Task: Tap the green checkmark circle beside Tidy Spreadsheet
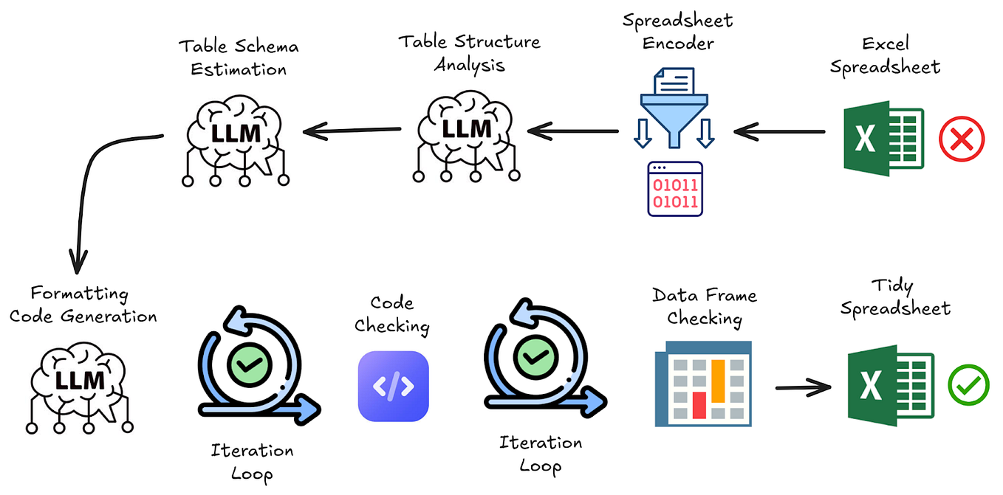point(968,384)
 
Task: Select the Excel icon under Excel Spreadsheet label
point(883,139)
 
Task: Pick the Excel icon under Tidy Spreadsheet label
point(889,384)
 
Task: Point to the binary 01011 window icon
point(674,190)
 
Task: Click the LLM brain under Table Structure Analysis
point(466,136)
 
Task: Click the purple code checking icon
point(393,385)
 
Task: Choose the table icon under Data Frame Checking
point(702,384)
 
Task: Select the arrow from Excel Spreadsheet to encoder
point(780,132)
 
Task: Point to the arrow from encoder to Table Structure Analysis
point(573,132)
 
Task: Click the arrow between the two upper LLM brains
point(352,132)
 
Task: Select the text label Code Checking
point(392,314)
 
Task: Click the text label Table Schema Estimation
point(238,58)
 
